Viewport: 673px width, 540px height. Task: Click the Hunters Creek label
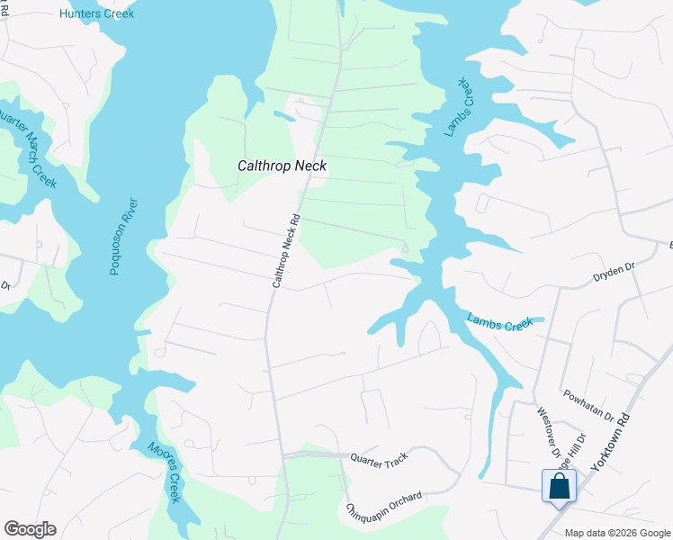pyautogui.click(x=96, y=13)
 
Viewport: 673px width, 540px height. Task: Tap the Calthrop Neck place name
pyautogui.click(x=281, y=166)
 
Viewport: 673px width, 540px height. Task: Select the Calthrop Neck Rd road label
pyautogui.click(x=285, y=251)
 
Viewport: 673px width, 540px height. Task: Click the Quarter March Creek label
pyautogui.click(x=28, y=148)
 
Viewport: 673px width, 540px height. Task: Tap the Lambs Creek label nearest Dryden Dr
pyautogui.click(x=499, y=322)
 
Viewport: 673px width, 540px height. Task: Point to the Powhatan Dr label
pyautogui.click(x=588, y=405)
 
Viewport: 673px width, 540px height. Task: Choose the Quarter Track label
pyautogui.click(x=380, y=460)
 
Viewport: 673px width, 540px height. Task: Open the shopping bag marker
pyautogui.click(x=559, y=486)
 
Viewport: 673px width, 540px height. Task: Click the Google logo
pyautogui.click(x=30, y=529)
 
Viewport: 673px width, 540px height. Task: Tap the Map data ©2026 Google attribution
pyautogui.click(x=616, y=533)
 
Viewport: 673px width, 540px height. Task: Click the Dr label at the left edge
pyautogui.click(x=4, y=285)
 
